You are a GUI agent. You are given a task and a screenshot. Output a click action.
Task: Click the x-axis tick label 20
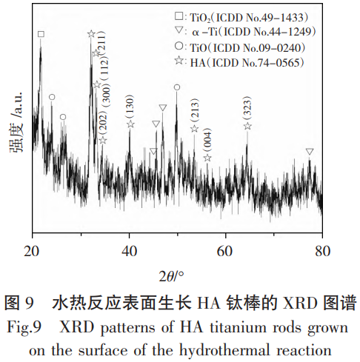click(32, 249)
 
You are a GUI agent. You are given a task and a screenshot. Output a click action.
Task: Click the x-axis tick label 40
click(129, 249)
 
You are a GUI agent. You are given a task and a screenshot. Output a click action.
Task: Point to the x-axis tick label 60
click(226, 249)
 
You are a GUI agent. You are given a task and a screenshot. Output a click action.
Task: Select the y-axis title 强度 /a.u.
click(16, 130)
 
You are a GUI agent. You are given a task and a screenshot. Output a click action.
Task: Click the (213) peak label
click(195, 112)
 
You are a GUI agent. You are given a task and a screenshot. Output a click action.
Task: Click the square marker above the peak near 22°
click(41, 34)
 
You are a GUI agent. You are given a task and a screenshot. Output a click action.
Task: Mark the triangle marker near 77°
click(310, 152)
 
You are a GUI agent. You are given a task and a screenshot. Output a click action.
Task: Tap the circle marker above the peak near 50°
click(176, 87)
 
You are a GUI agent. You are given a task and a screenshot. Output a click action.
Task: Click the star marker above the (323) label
click(247, 127)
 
